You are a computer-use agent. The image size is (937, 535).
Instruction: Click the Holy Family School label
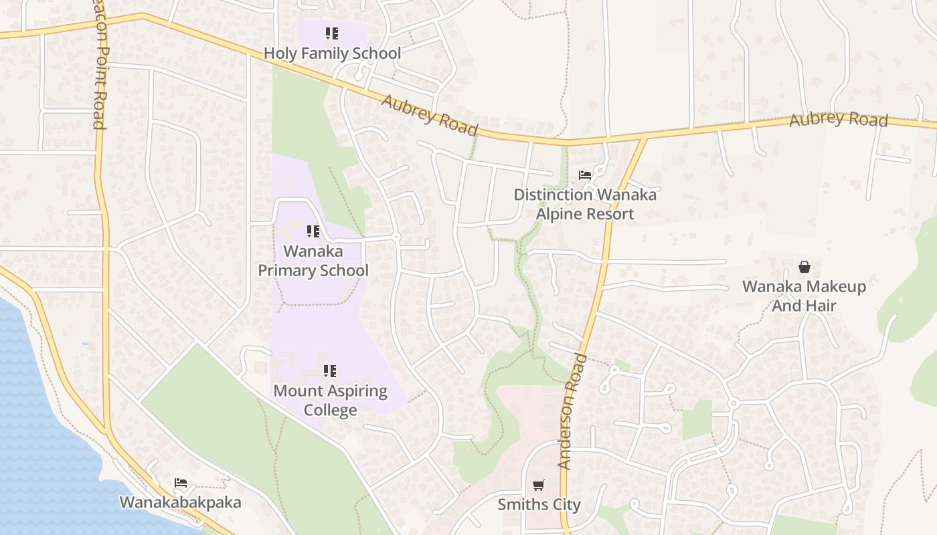[332, 53]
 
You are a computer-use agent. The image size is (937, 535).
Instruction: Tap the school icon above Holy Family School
[332, 33]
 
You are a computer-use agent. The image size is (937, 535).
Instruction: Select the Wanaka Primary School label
[313, 261]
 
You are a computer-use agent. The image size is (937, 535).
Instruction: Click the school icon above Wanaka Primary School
[313, 231]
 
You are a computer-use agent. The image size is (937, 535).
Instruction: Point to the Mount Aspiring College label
[331, 400]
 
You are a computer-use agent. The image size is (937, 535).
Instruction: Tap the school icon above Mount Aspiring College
[330, 370]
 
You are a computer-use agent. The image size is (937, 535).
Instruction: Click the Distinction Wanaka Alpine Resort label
[585, 204]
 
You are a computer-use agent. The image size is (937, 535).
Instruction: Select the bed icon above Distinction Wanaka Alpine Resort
[585, 175]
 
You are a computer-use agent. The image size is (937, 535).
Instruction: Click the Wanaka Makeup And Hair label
[804, 296]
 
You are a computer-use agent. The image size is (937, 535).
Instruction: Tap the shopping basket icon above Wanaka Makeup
[804, 267]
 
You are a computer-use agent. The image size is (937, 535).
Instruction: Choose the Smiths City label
[539, 504]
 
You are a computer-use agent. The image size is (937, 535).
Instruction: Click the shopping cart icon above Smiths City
[539, 485]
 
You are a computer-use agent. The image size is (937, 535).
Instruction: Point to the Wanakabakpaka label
[180, 502]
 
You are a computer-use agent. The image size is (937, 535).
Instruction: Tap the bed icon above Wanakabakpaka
[181, 482]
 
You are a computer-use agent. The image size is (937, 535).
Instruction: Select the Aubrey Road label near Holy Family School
[430, 115]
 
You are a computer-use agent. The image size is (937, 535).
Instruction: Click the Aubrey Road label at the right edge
[838, 119]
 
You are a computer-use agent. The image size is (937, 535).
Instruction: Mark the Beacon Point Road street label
[98, 67]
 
